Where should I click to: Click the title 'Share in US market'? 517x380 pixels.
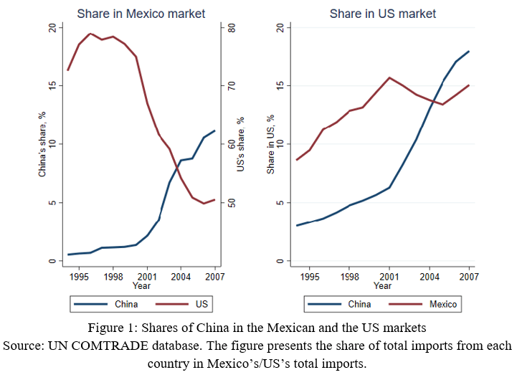coord(382,14)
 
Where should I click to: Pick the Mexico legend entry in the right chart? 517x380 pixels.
coord(442,304)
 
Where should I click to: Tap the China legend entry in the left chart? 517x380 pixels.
coord(126,304)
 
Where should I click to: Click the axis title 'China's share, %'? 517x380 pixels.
coord(42,144)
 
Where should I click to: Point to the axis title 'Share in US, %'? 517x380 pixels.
coord(271,144)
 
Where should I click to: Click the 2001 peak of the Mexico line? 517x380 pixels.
coord(389,77)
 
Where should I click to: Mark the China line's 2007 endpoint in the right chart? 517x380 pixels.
coord(469,52)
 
